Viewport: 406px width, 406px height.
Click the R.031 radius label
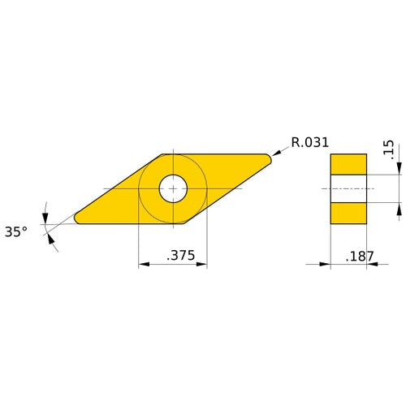309,142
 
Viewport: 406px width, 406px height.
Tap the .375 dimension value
181,256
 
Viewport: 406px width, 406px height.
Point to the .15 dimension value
388,149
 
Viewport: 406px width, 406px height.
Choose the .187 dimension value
360,256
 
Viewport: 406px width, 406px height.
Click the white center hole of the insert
172,188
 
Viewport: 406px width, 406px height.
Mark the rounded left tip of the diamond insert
78,218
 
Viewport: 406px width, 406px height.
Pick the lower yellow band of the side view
348,213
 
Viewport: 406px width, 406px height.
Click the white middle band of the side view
348,188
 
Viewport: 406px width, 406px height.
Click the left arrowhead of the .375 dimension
144,265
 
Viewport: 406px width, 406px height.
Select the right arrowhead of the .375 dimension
201,265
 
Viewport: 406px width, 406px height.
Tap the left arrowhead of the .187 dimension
325,265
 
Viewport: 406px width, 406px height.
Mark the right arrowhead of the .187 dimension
371,265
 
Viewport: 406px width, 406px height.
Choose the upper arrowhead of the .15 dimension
399,170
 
